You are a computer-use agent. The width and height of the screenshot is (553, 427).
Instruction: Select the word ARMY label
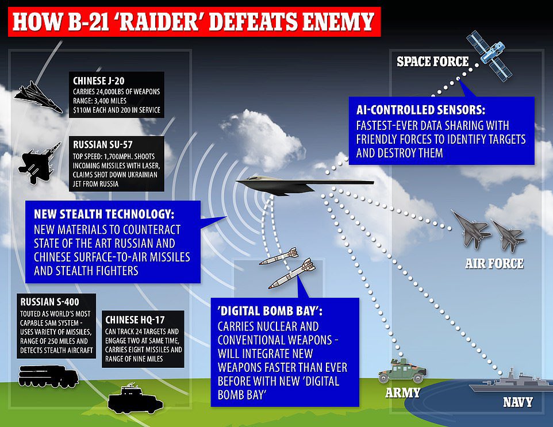coord(402,394)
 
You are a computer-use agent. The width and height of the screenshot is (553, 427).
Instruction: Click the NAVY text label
coord(517,402)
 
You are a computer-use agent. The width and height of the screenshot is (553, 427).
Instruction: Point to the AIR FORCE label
coord(494,264)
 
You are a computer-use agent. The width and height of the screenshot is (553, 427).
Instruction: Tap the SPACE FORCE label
coord(433,61)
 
